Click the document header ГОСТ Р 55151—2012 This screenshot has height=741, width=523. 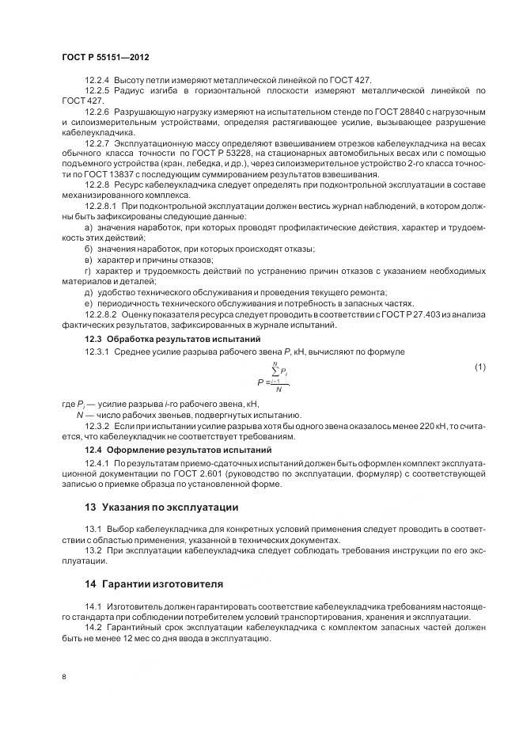click(x=104, y=58)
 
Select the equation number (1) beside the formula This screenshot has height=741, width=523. click(x=479, y=366)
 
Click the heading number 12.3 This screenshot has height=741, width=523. click(x=93, y=339)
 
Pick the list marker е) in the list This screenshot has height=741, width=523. click(x=88, y=303)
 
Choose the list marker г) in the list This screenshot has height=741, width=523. click(x=87, y=271)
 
